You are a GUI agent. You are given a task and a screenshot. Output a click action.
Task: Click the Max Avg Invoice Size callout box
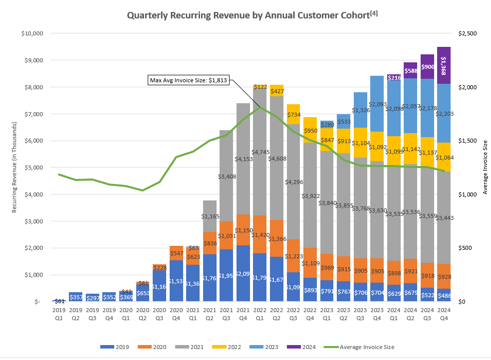tap(188, 80)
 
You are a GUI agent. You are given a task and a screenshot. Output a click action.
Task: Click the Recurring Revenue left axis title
tap(14, 168)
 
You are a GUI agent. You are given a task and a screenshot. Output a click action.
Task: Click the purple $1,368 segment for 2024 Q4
tap(444, 65)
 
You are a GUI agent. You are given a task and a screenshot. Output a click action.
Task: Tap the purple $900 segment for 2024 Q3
tap(428, 67)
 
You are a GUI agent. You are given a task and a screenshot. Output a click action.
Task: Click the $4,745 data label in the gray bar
tap(259, 152)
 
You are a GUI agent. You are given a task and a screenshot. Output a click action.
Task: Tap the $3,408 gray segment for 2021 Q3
tap(227, 176)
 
